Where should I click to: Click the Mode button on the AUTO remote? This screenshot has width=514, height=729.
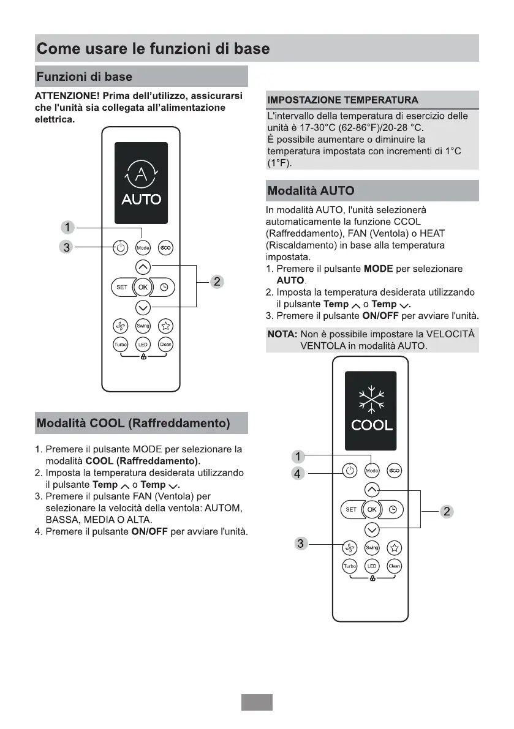point(143,248)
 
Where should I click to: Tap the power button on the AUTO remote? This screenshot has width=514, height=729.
point(121,248)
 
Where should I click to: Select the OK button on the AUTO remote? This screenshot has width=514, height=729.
point(143,286)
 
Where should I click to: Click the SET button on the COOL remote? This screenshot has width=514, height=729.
point(351,509)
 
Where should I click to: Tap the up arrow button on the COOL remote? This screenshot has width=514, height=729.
point(372,490)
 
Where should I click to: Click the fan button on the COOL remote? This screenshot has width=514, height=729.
point(349,547)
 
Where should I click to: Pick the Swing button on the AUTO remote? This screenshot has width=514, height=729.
point(143,326)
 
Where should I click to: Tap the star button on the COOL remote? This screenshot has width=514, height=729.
point(395,547)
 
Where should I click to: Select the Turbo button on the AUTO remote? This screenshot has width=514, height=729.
point(121,345)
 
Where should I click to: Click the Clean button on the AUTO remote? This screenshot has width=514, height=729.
point(165,345)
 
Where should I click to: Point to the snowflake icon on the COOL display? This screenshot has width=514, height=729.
point(371,398)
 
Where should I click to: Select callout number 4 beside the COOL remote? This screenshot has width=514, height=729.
point(298,474)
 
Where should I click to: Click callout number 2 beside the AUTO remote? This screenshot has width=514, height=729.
point(216,282)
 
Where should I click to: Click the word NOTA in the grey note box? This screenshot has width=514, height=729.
point(282,334)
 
